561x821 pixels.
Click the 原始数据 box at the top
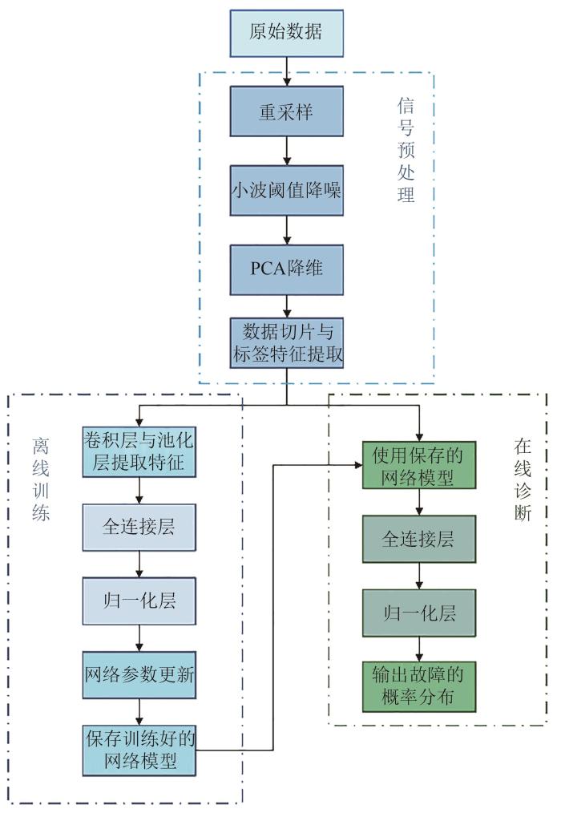pos(286,34)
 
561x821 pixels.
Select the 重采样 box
pos(286,111)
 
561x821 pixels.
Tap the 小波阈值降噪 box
pos(286,190)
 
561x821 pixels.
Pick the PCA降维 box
pos(286,268)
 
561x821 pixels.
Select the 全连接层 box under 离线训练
pos(140,528)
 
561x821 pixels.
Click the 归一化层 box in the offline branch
pos(140,601)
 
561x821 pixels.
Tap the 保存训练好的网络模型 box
pos(140,750)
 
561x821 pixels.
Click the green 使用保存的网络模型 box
pos(418,465)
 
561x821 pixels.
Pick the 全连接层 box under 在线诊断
pos(418,539)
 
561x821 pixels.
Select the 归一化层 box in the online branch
pos(418,613)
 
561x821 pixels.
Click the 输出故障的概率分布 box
pos(418,686)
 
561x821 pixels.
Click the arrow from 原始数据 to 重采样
pos(286,72)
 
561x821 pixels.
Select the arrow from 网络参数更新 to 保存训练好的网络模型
pos(140,710)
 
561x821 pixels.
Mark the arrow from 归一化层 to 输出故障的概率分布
pos(418,649)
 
